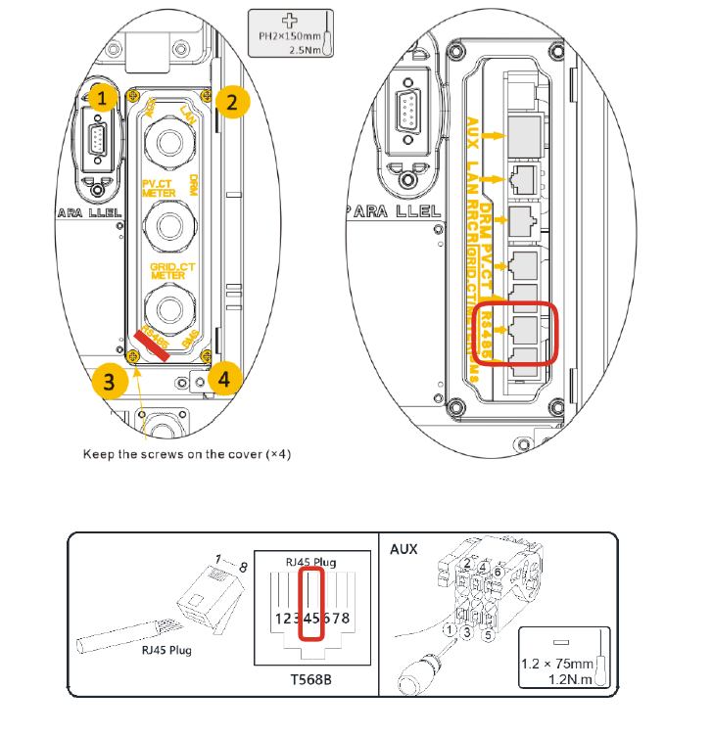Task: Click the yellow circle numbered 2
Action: coord(231,100)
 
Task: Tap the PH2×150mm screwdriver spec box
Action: coord(291,35)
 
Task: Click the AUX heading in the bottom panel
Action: coord(403,549)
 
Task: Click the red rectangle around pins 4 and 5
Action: coord(312,605)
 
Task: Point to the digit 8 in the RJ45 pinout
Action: coord(346,619)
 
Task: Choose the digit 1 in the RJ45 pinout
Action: coord(279,619)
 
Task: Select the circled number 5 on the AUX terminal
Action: coord(490,634)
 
